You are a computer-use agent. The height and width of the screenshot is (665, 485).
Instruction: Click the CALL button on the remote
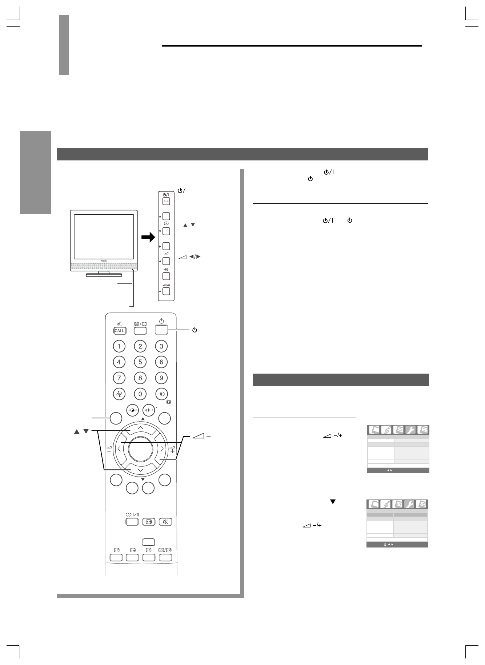pos(119,331)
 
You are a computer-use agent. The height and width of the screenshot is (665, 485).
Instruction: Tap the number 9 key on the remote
pos(161,378)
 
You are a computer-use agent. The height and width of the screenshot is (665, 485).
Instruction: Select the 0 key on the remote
pos(140,394)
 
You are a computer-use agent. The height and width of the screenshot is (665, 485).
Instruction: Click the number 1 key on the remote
pos(119,346)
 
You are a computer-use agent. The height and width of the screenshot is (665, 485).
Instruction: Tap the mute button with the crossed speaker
pos(165,522)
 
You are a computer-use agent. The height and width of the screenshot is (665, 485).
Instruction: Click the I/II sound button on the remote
pos(132,522)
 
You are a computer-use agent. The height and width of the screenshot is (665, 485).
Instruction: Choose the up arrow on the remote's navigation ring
pos(140,428)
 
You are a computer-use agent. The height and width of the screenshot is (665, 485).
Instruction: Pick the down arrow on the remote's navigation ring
pos(140,470)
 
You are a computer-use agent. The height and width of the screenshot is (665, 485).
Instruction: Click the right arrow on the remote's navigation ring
pos(162,449)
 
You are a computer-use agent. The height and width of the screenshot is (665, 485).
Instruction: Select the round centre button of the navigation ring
pos(140,449)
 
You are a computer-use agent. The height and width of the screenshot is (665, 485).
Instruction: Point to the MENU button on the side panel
pos(166,291)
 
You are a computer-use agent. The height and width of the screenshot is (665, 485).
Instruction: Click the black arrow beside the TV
pos(148,238)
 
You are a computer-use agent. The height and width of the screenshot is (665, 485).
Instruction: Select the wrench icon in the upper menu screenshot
pos(410,430)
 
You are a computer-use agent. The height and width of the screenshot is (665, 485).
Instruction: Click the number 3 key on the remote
pos(161,346)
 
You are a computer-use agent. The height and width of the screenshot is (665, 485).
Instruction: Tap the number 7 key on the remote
pos(119,378)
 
